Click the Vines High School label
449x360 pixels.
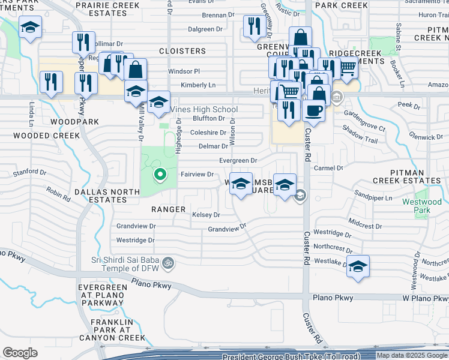tap(204, 109)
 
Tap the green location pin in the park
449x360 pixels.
tap(160, 175)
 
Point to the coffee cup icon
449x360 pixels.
tap(313, 110)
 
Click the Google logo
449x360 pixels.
tap(20, 353)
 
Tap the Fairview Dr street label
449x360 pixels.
tap(197, 175)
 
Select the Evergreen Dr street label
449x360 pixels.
tap(238, 161)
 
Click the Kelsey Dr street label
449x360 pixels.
tap(206, 215)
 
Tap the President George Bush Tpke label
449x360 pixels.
tap(291, 356)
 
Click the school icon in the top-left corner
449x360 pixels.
tap(29, 28)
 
